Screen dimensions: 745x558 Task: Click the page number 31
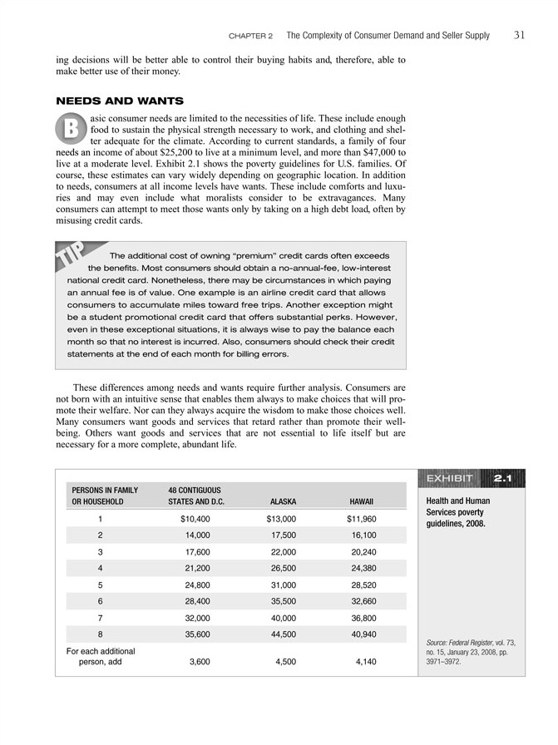click(x=519, y=35)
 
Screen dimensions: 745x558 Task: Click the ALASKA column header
click(x=284, y=502)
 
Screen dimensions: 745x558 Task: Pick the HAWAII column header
click(x=361, y=502)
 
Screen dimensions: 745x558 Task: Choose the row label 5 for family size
click(x=100, y=585)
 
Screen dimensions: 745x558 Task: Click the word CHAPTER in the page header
click(x=246, y=36)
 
